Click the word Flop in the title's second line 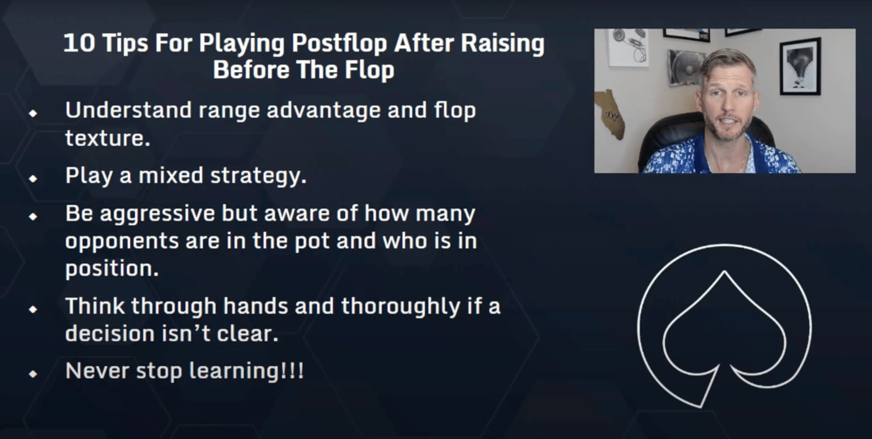(x=369, y=70)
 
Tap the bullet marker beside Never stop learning (x=33, y=374)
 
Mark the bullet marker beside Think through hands (x=33, y=309)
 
